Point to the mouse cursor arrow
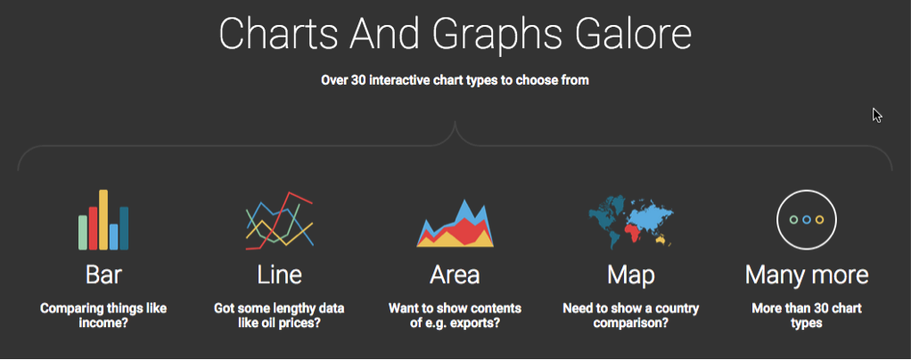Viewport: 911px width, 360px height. click(876, 114)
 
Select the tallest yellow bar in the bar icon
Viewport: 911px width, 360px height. click(103, 219)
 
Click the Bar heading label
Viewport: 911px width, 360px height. click(103, 274)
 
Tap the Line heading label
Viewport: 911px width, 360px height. click(279, 274)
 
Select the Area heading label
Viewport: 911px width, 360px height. click(455, 274)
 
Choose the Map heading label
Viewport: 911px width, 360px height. click(630, 274)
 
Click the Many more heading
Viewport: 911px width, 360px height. click(806, 274)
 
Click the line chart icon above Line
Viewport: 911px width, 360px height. click(279, 220)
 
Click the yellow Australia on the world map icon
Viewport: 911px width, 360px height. click(661, 239)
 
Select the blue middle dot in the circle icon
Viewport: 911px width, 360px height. click(806, 219)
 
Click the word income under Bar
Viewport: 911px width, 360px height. click(103, 323)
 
